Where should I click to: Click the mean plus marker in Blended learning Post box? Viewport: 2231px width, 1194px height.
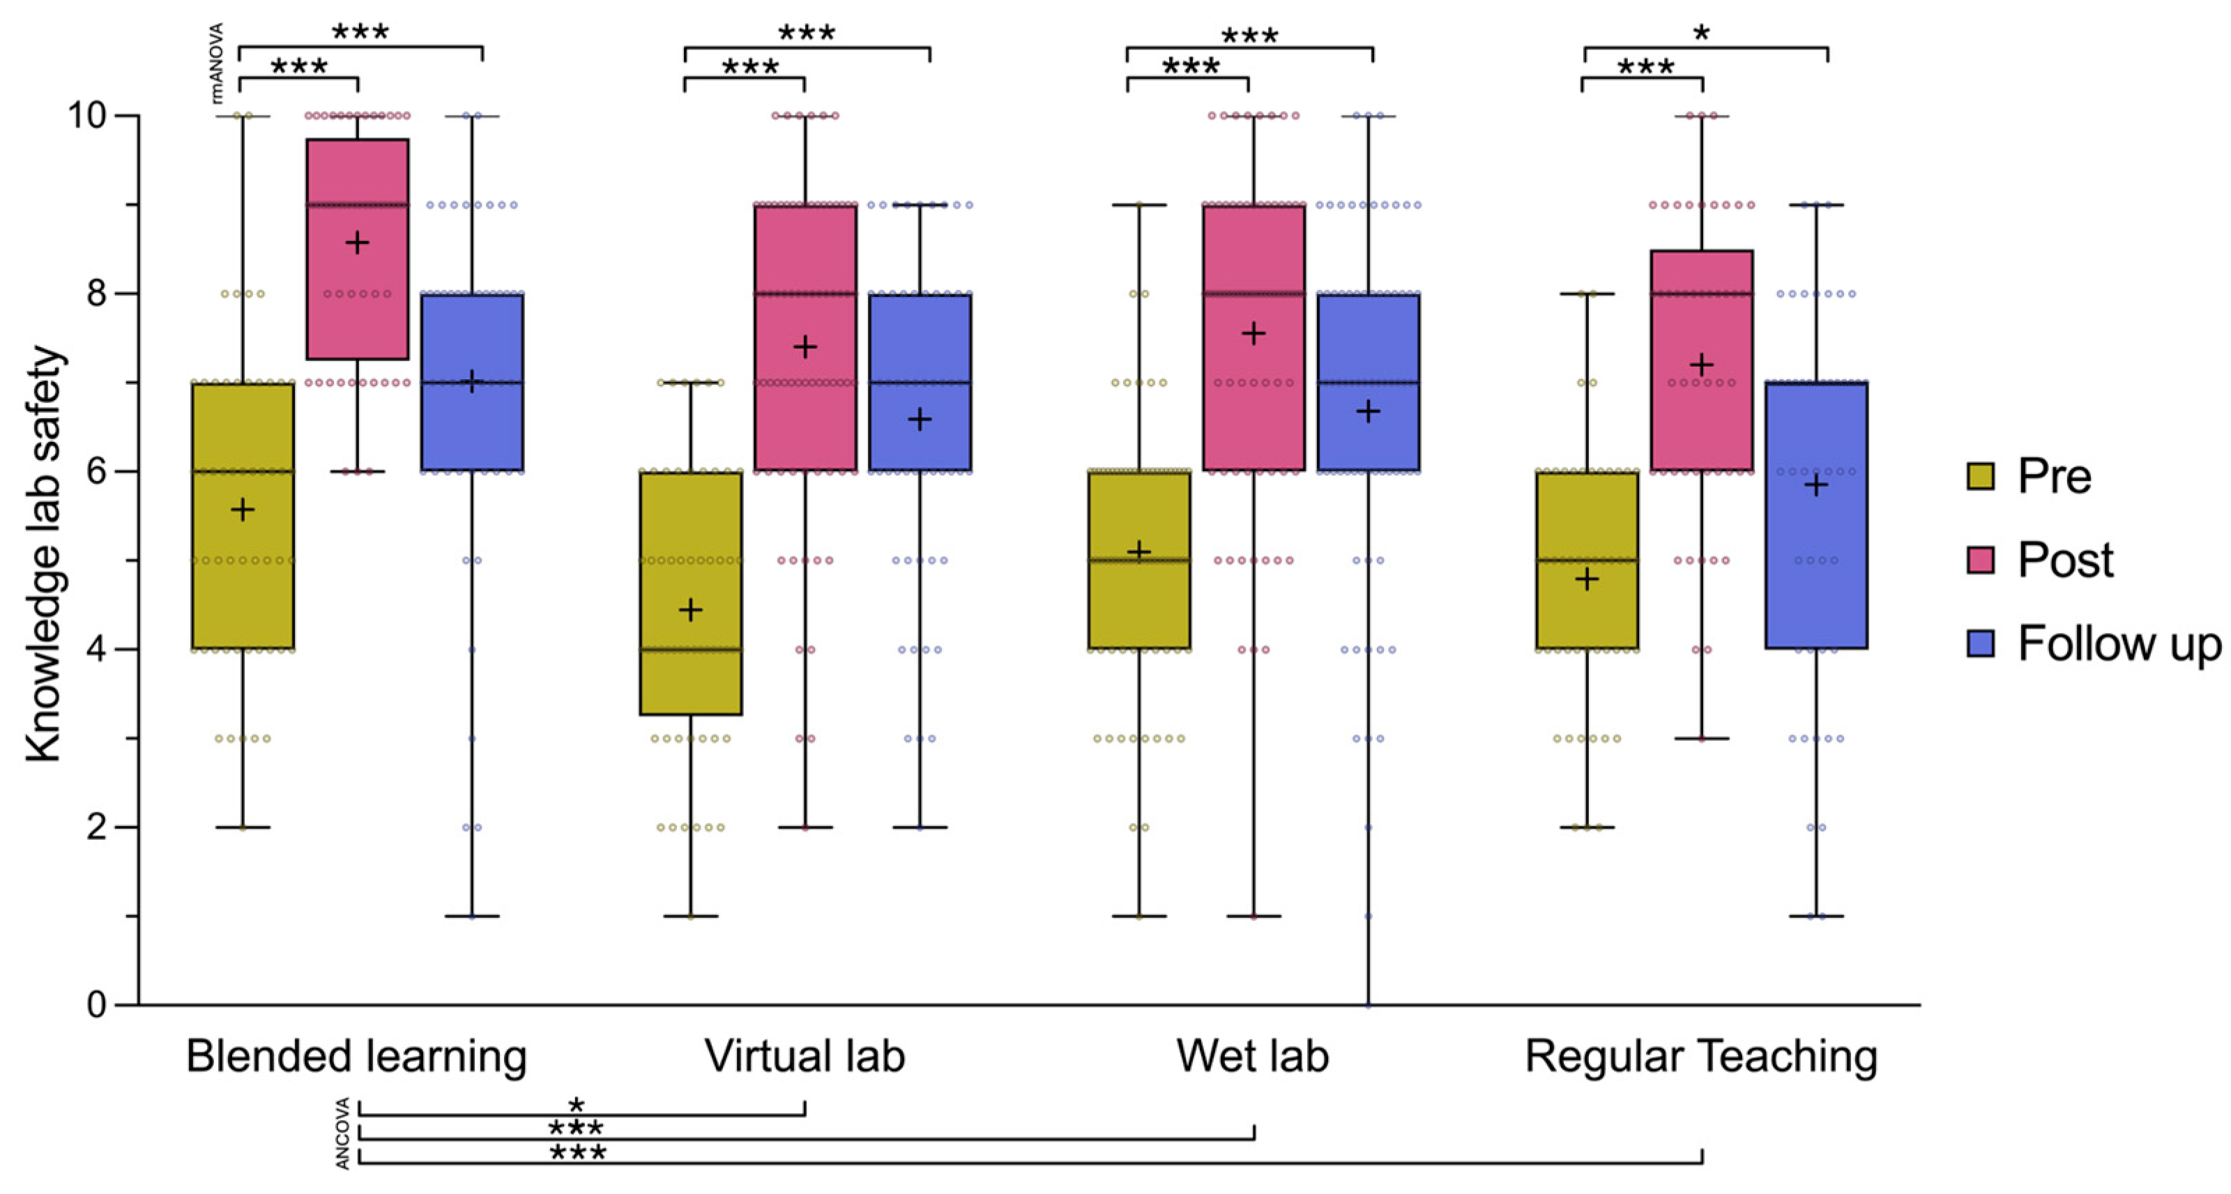pos(357,243)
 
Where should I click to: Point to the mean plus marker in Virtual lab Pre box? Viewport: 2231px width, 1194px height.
pos(690,611)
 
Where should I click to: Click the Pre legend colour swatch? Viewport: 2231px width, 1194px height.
pos(1981,476)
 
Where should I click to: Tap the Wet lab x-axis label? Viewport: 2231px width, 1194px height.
pos(1252,1056)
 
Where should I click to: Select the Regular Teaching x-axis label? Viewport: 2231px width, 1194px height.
pos(1701,1056)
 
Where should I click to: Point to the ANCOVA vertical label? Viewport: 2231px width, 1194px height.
pos(343,1133)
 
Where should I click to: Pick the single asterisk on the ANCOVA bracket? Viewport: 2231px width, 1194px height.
pos(576,1105)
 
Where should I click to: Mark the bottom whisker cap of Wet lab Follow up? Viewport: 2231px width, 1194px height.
pos(1369,1004)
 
